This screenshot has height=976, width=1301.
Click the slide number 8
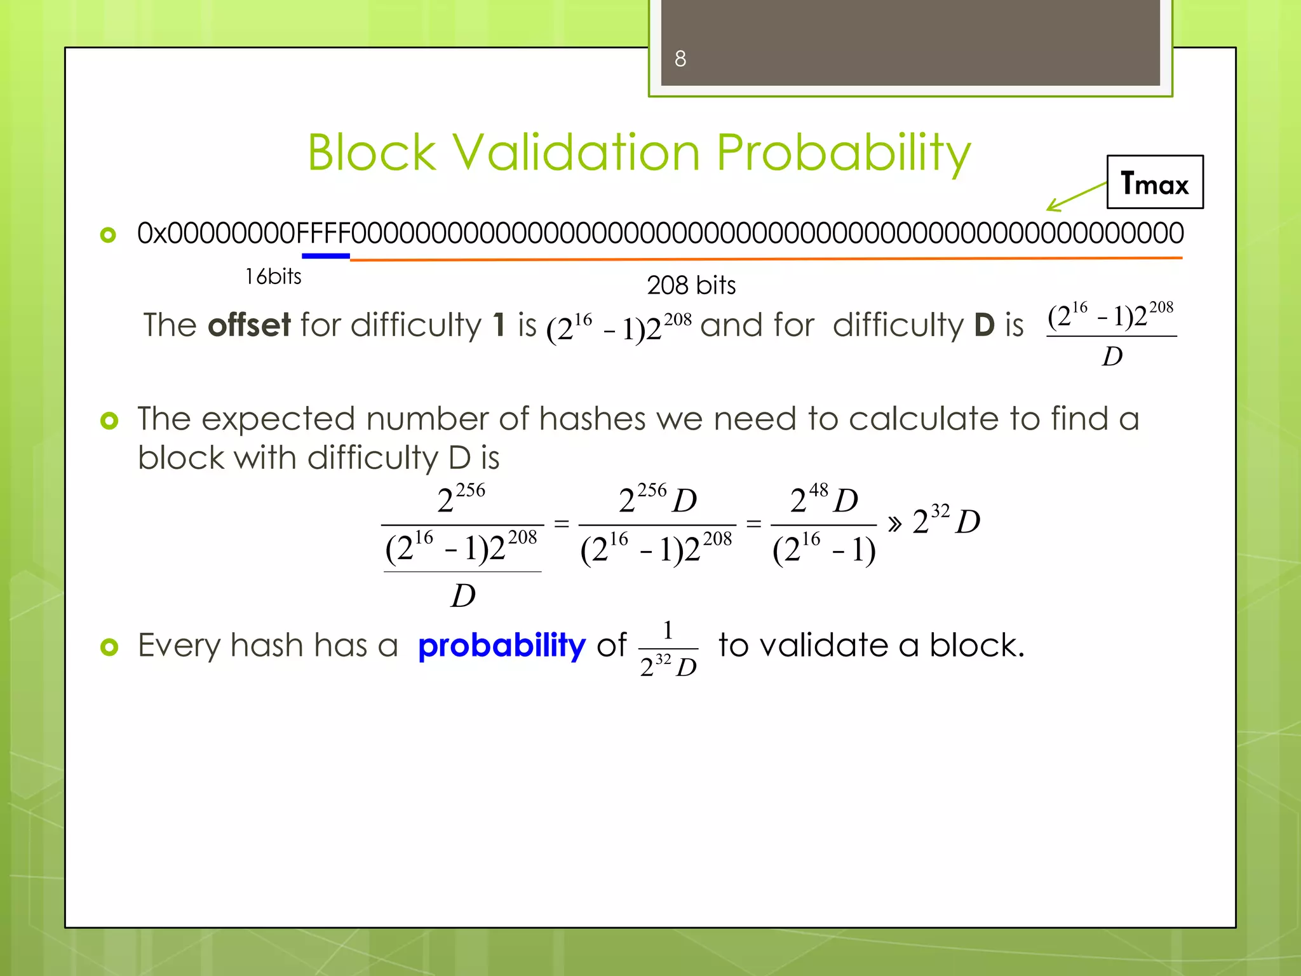point(680,59)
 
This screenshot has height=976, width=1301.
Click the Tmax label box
point(1154,182)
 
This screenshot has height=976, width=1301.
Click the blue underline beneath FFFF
point(325,256)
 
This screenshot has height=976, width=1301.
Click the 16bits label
point(273,276)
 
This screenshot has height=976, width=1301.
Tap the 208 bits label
point(691,285)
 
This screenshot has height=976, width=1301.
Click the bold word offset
point(249,325)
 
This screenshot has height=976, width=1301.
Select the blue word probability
point(502,646)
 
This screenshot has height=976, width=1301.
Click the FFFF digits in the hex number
point(323,233)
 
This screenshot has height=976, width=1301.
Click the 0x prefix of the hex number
point(152,233)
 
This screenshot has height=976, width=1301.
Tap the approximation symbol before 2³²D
point(894,524)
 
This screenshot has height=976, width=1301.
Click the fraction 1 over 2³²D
point(668,649)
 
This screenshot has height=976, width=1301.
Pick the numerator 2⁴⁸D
point(824,500)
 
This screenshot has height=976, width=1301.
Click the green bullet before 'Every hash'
point(109,647)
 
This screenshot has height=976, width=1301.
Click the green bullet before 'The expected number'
point(109,420)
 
